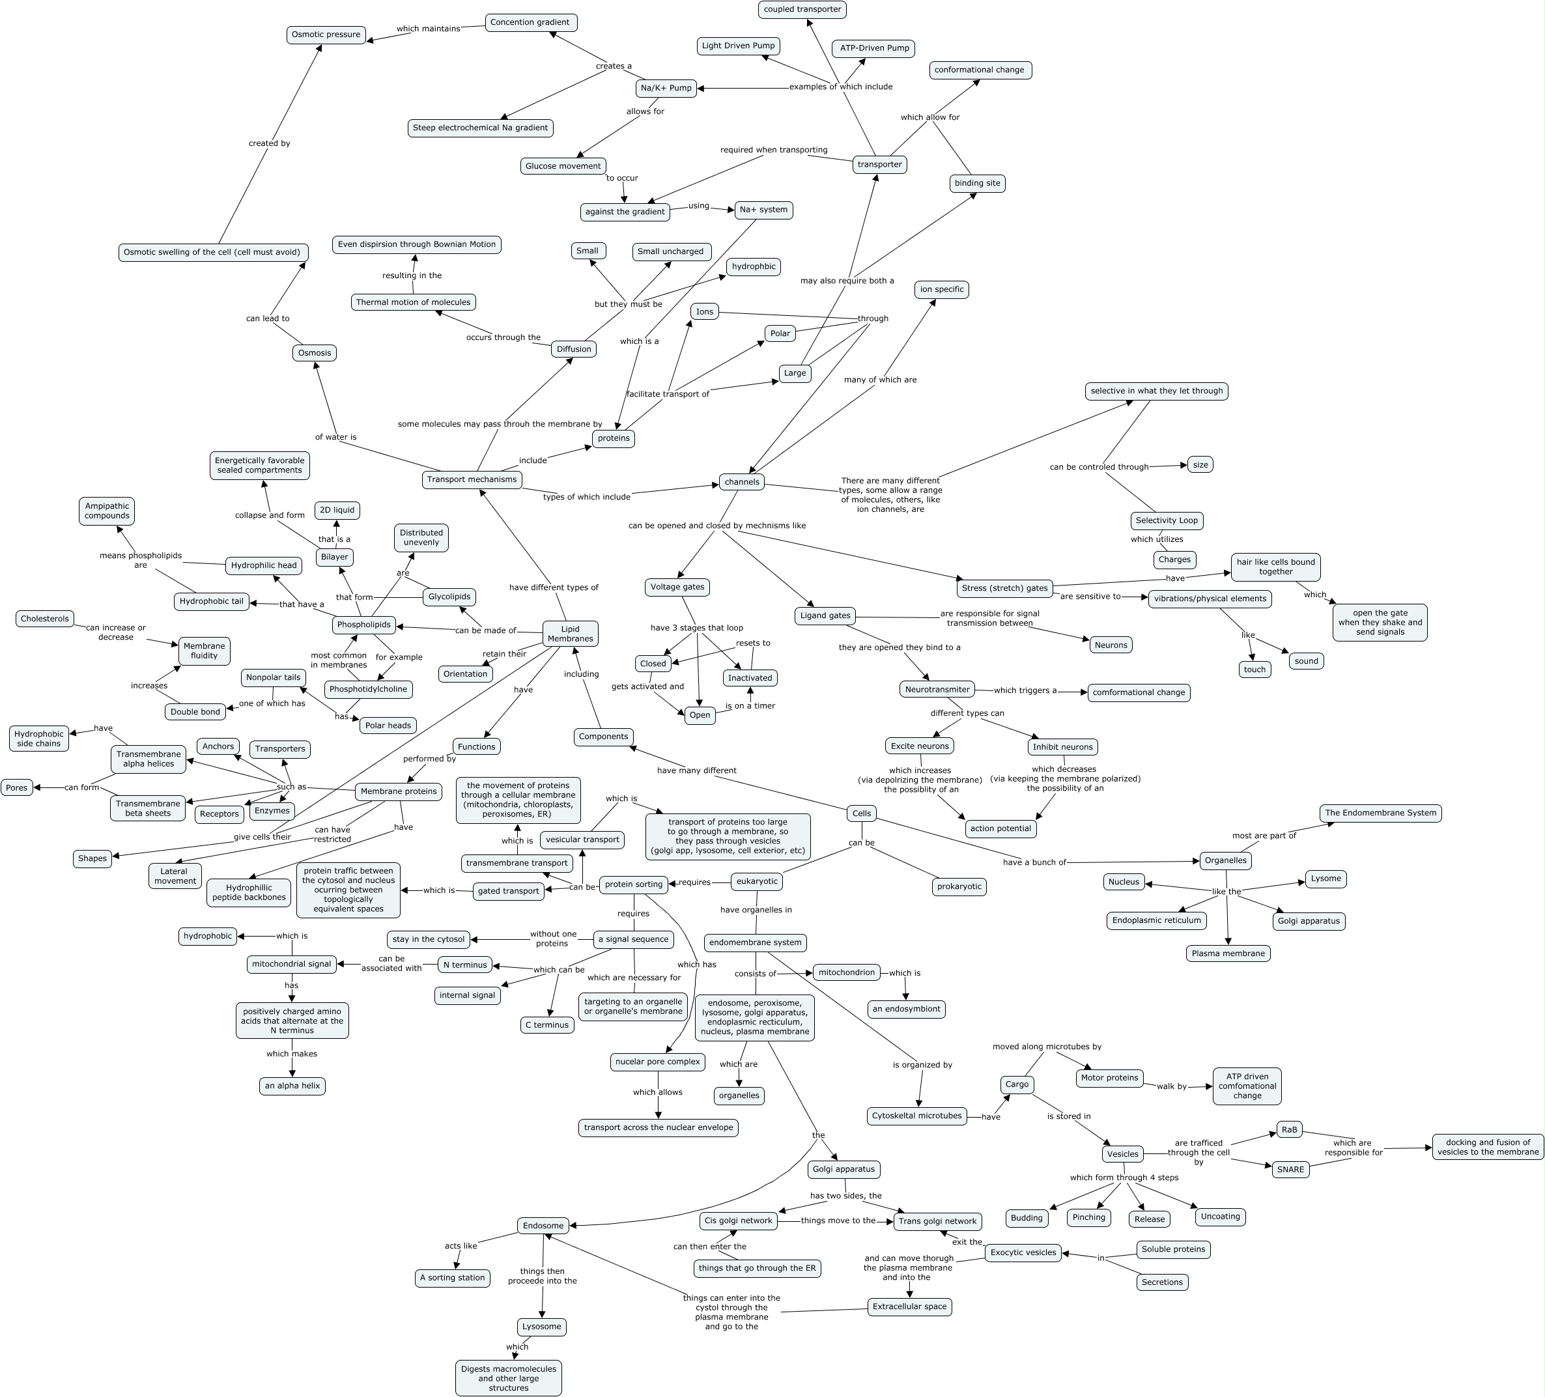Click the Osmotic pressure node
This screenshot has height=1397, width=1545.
(x=326, y=35)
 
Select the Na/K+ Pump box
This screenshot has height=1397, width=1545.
(x=666, y=88)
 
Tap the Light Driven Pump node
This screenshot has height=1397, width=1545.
(x=738, y=46)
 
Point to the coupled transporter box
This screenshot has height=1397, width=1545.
(x=802, y=9)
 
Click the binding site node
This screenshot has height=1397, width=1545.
(x=977, y=183)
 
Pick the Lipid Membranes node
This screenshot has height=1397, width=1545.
(x=570, y=634)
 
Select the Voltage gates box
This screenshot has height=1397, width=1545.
(x=677, y=587)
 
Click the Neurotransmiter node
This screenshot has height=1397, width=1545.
(x=937, y=689)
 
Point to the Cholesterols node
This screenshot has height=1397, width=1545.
(x=45, y=619)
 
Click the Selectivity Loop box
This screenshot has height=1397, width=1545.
(x=1167, y=520)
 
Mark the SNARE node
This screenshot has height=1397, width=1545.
(x=1290, y=1170)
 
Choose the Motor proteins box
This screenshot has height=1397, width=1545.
(x=1109, y=1077)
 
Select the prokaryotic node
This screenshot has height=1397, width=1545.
(x=959, y=886)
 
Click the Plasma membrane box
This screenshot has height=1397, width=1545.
(x=1228, y=953)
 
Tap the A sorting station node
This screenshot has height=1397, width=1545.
(x=453, y=1277)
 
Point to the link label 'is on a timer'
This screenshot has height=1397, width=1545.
(x=750, y=706)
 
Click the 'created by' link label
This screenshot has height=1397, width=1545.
(x=269, y=143)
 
